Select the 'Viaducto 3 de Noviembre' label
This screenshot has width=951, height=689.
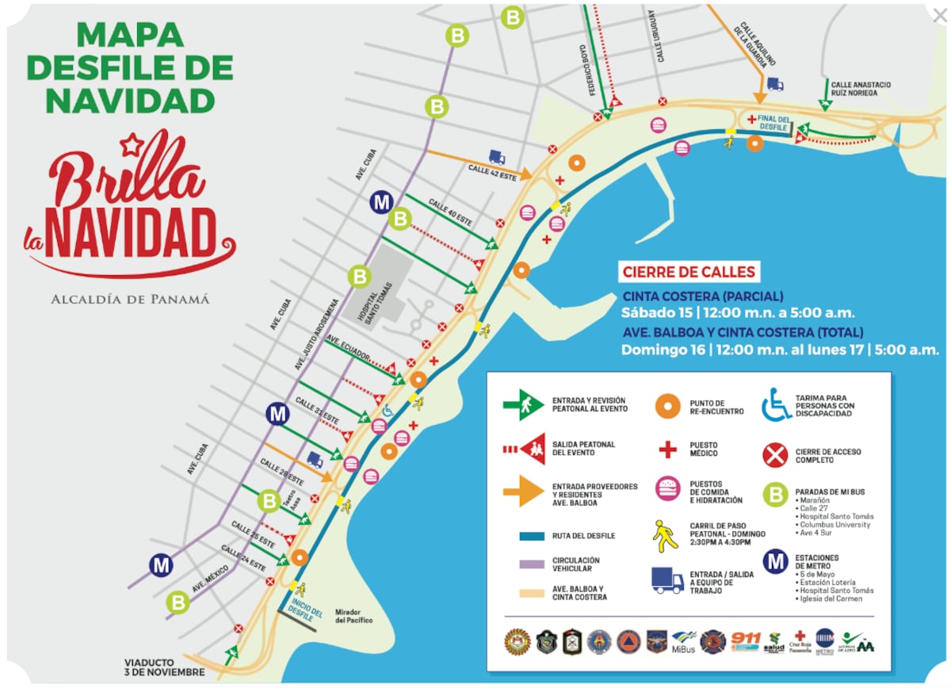click(x=164, y=667)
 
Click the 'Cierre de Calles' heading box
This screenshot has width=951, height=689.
click(x=688, y=272)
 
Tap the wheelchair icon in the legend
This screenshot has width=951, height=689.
click(x=776, y=404)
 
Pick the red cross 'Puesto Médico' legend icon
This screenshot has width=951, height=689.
click(x=668, y=450)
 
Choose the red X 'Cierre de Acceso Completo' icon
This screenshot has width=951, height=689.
click(x=774, y=455)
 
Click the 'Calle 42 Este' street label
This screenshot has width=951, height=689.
click(x=498, y=170)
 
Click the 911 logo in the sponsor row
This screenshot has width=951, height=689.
click(x=745, y=641)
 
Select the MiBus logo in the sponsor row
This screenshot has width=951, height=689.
click(x=684, y=641)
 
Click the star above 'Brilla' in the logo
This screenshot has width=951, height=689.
click(x=130, y=144)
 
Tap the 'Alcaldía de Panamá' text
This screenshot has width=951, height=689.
click(x=130, y=300)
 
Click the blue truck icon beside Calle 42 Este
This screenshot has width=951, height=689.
click(x=497, y=157)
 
